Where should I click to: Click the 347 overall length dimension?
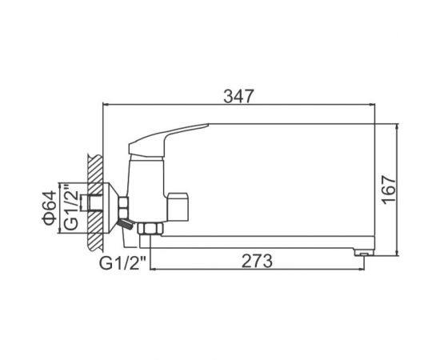coord(238,96)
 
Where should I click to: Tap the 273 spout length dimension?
coord(257,261)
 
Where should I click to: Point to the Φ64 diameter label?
coord(50,208)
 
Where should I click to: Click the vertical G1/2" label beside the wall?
coord(70,206)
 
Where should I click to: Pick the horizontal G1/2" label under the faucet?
coord(123,263)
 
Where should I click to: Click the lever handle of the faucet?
coord(168,139)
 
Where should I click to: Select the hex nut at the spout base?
coord(150,229)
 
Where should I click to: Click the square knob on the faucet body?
coord(178,206)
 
